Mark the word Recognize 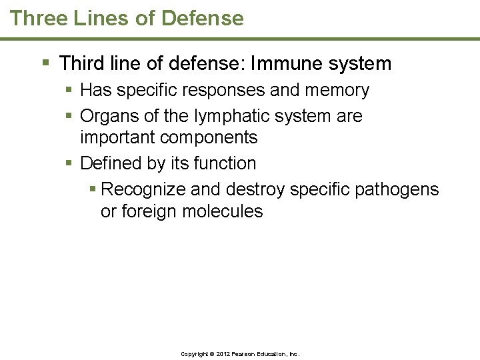point(143,189)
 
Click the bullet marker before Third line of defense point(46,63)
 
